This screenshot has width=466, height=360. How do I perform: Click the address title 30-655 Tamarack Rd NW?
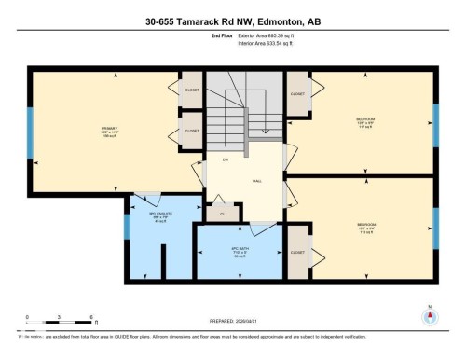coord(233,21)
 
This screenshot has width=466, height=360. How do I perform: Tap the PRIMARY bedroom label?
coord(109,130)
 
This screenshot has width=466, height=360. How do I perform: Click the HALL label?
coord(255,181)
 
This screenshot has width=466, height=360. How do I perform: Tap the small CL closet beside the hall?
coord(222,215)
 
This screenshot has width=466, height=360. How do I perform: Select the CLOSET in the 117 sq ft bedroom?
coord(298,94)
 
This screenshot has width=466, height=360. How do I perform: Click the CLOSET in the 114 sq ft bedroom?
coord(298,252)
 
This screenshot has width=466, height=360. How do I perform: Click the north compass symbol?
coord(429,315)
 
